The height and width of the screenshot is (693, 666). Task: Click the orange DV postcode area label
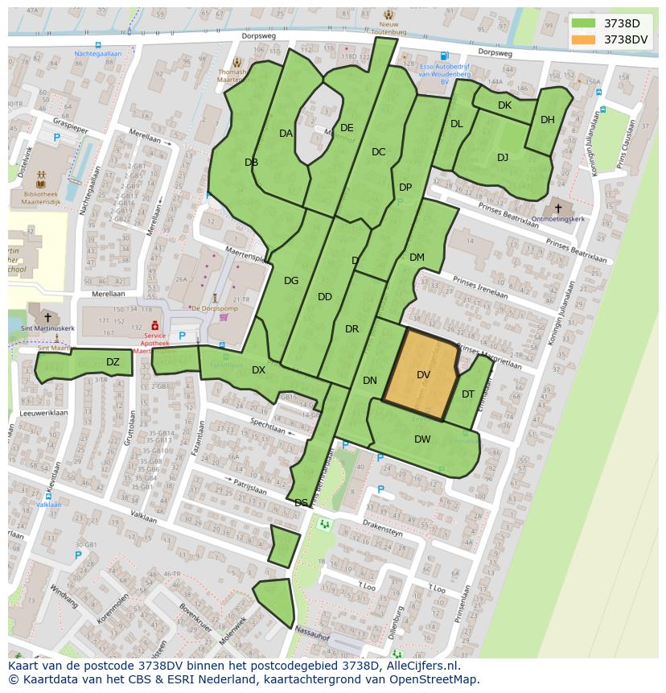(x=424, y=375)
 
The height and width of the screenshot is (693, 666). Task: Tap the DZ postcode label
(x=113, y=362)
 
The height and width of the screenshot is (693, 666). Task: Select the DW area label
(x=422, y=439)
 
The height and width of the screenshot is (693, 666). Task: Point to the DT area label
(x=468, y=394)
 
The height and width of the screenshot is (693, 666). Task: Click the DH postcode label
(x=548, y=120)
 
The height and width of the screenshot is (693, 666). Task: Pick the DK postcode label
(x=504, y=105)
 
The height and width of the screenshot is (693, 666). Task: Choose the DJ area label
(x=503, y=158)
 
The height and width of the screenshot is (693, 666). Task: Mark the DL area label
(x=457, y=124)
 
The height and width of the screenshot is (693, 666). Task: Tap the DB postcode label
(x=251, y=163)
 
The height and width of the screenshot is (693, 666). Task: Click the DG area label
(x=291, y=281)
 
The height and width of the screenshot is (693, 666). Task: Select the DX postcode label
(x=258, y=370)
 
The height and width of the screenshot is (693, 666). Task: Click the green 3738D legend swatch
(x=584, y=23)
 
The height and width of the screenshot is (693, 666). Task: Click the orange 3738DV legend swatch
(x=584, y=39)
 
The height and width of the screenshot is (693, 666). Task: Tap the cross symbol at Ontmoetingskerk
(x=558, y=208)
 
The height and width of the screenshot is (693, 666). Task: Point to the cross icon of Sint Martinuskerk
(x=48, y=318)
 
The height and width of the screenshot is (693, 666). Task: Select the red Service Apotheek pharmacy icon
(x=154, y=324)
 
